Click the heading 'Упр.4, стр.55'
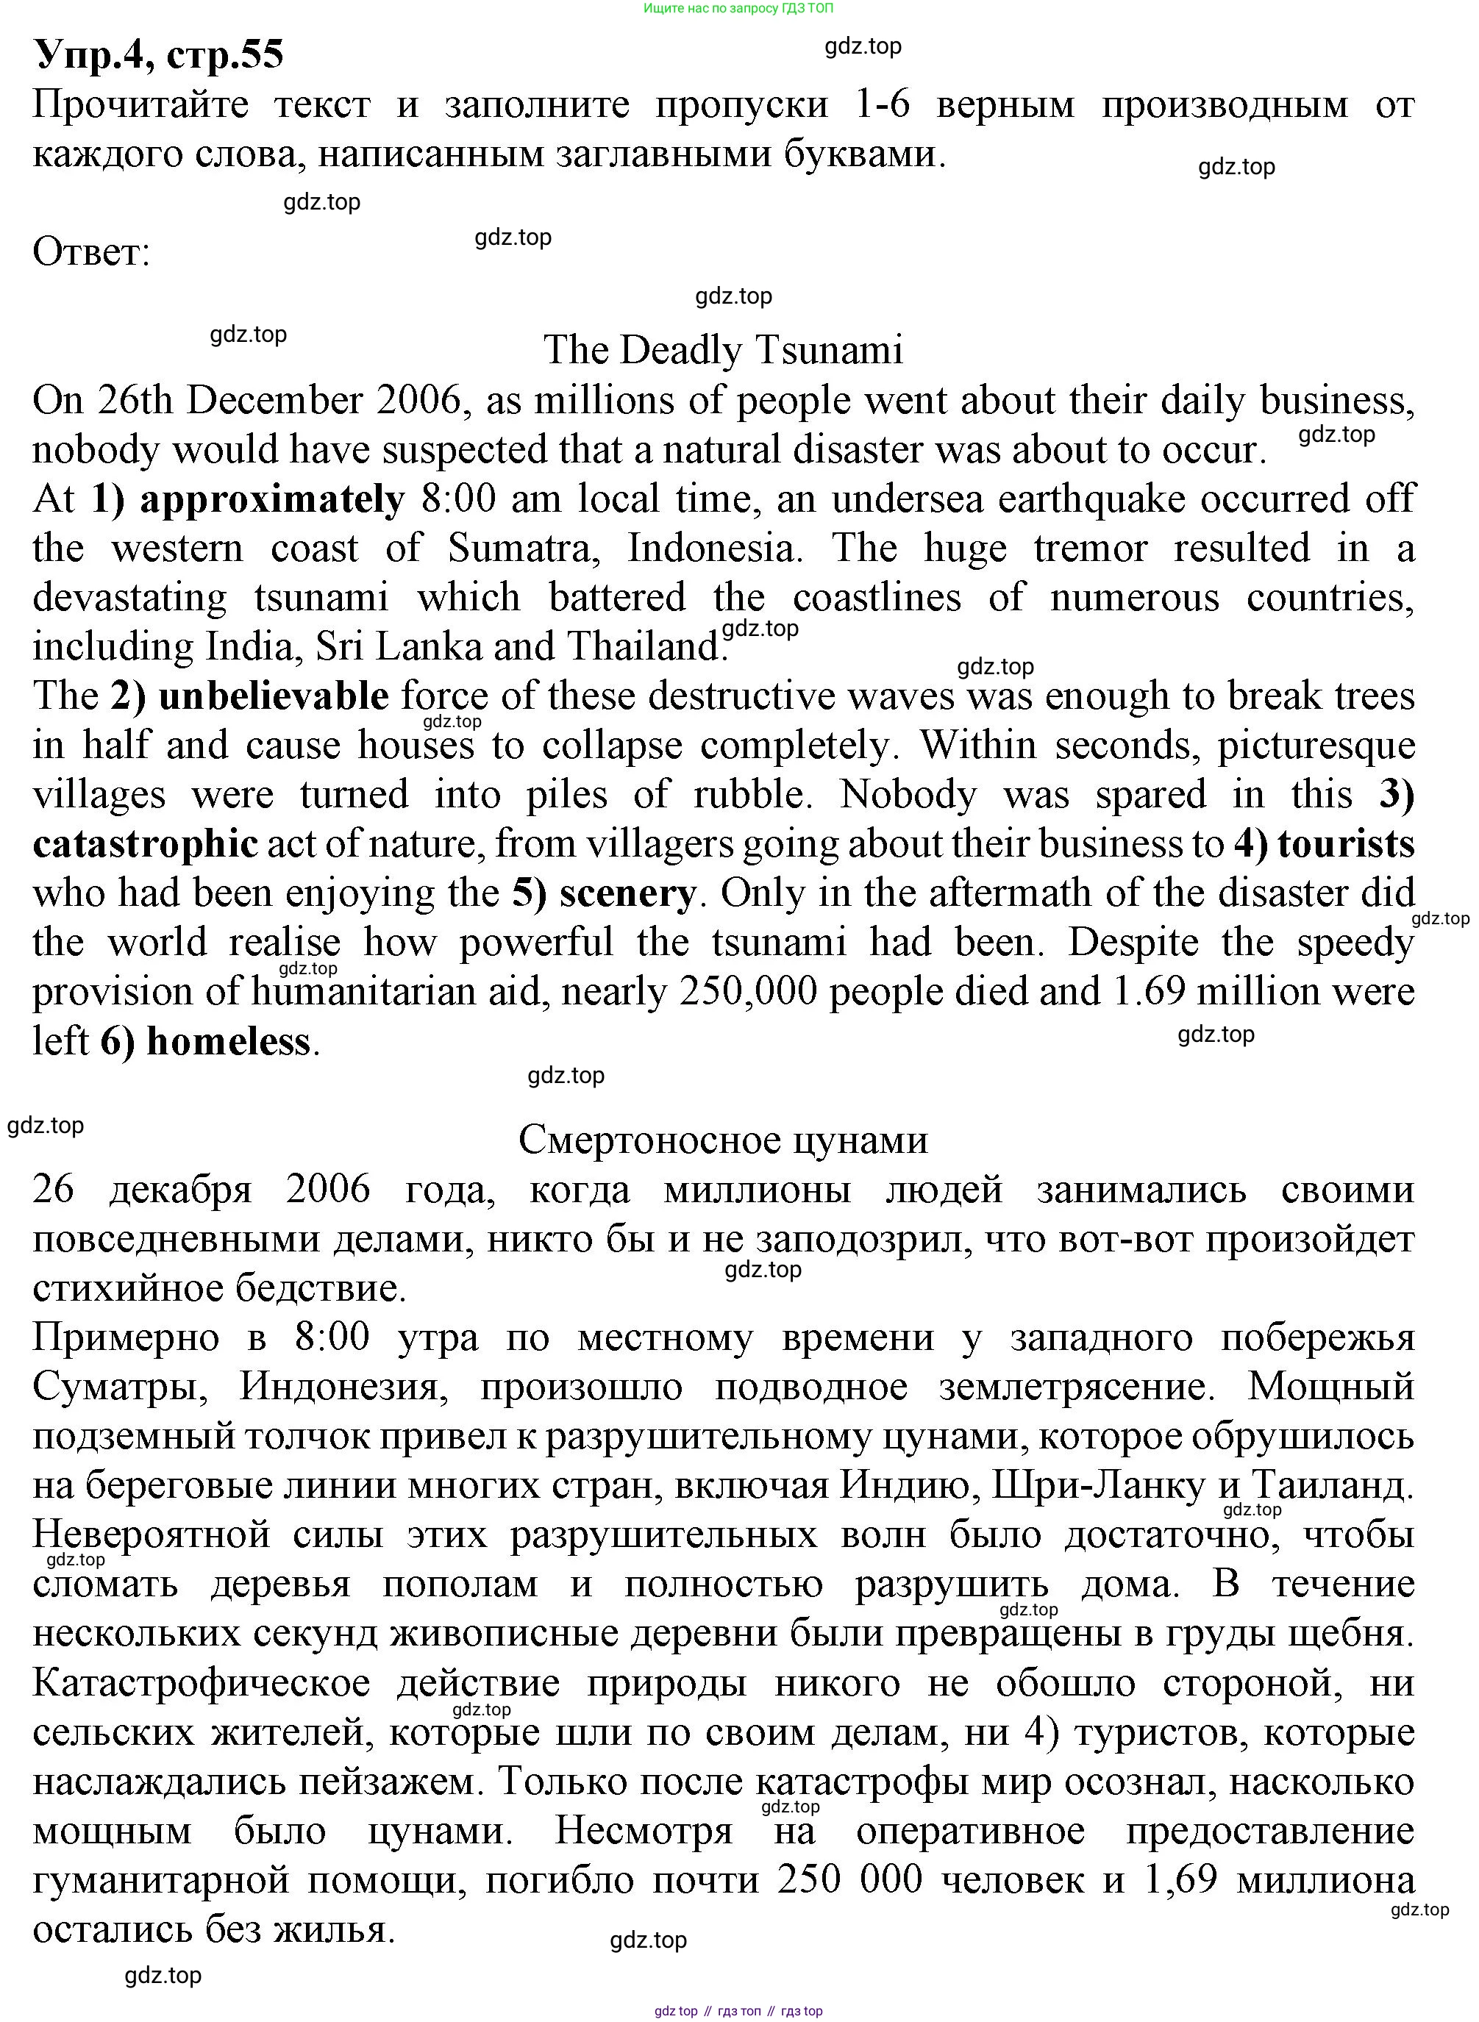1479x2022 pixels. tap(158, 54)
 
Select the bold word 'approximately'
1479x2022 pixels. tap(272, 499)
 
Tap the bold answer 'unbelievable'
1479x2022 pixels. tap(273, 696)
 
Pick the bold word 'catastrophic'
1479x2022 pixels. tap(145, 844)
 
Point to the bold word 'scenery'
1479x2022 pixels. tap(627, 893)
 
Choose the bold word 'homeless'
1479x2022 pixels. tap(228, 1042)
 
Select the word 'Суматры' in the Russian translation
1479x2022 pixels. tap(121, 1387)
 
